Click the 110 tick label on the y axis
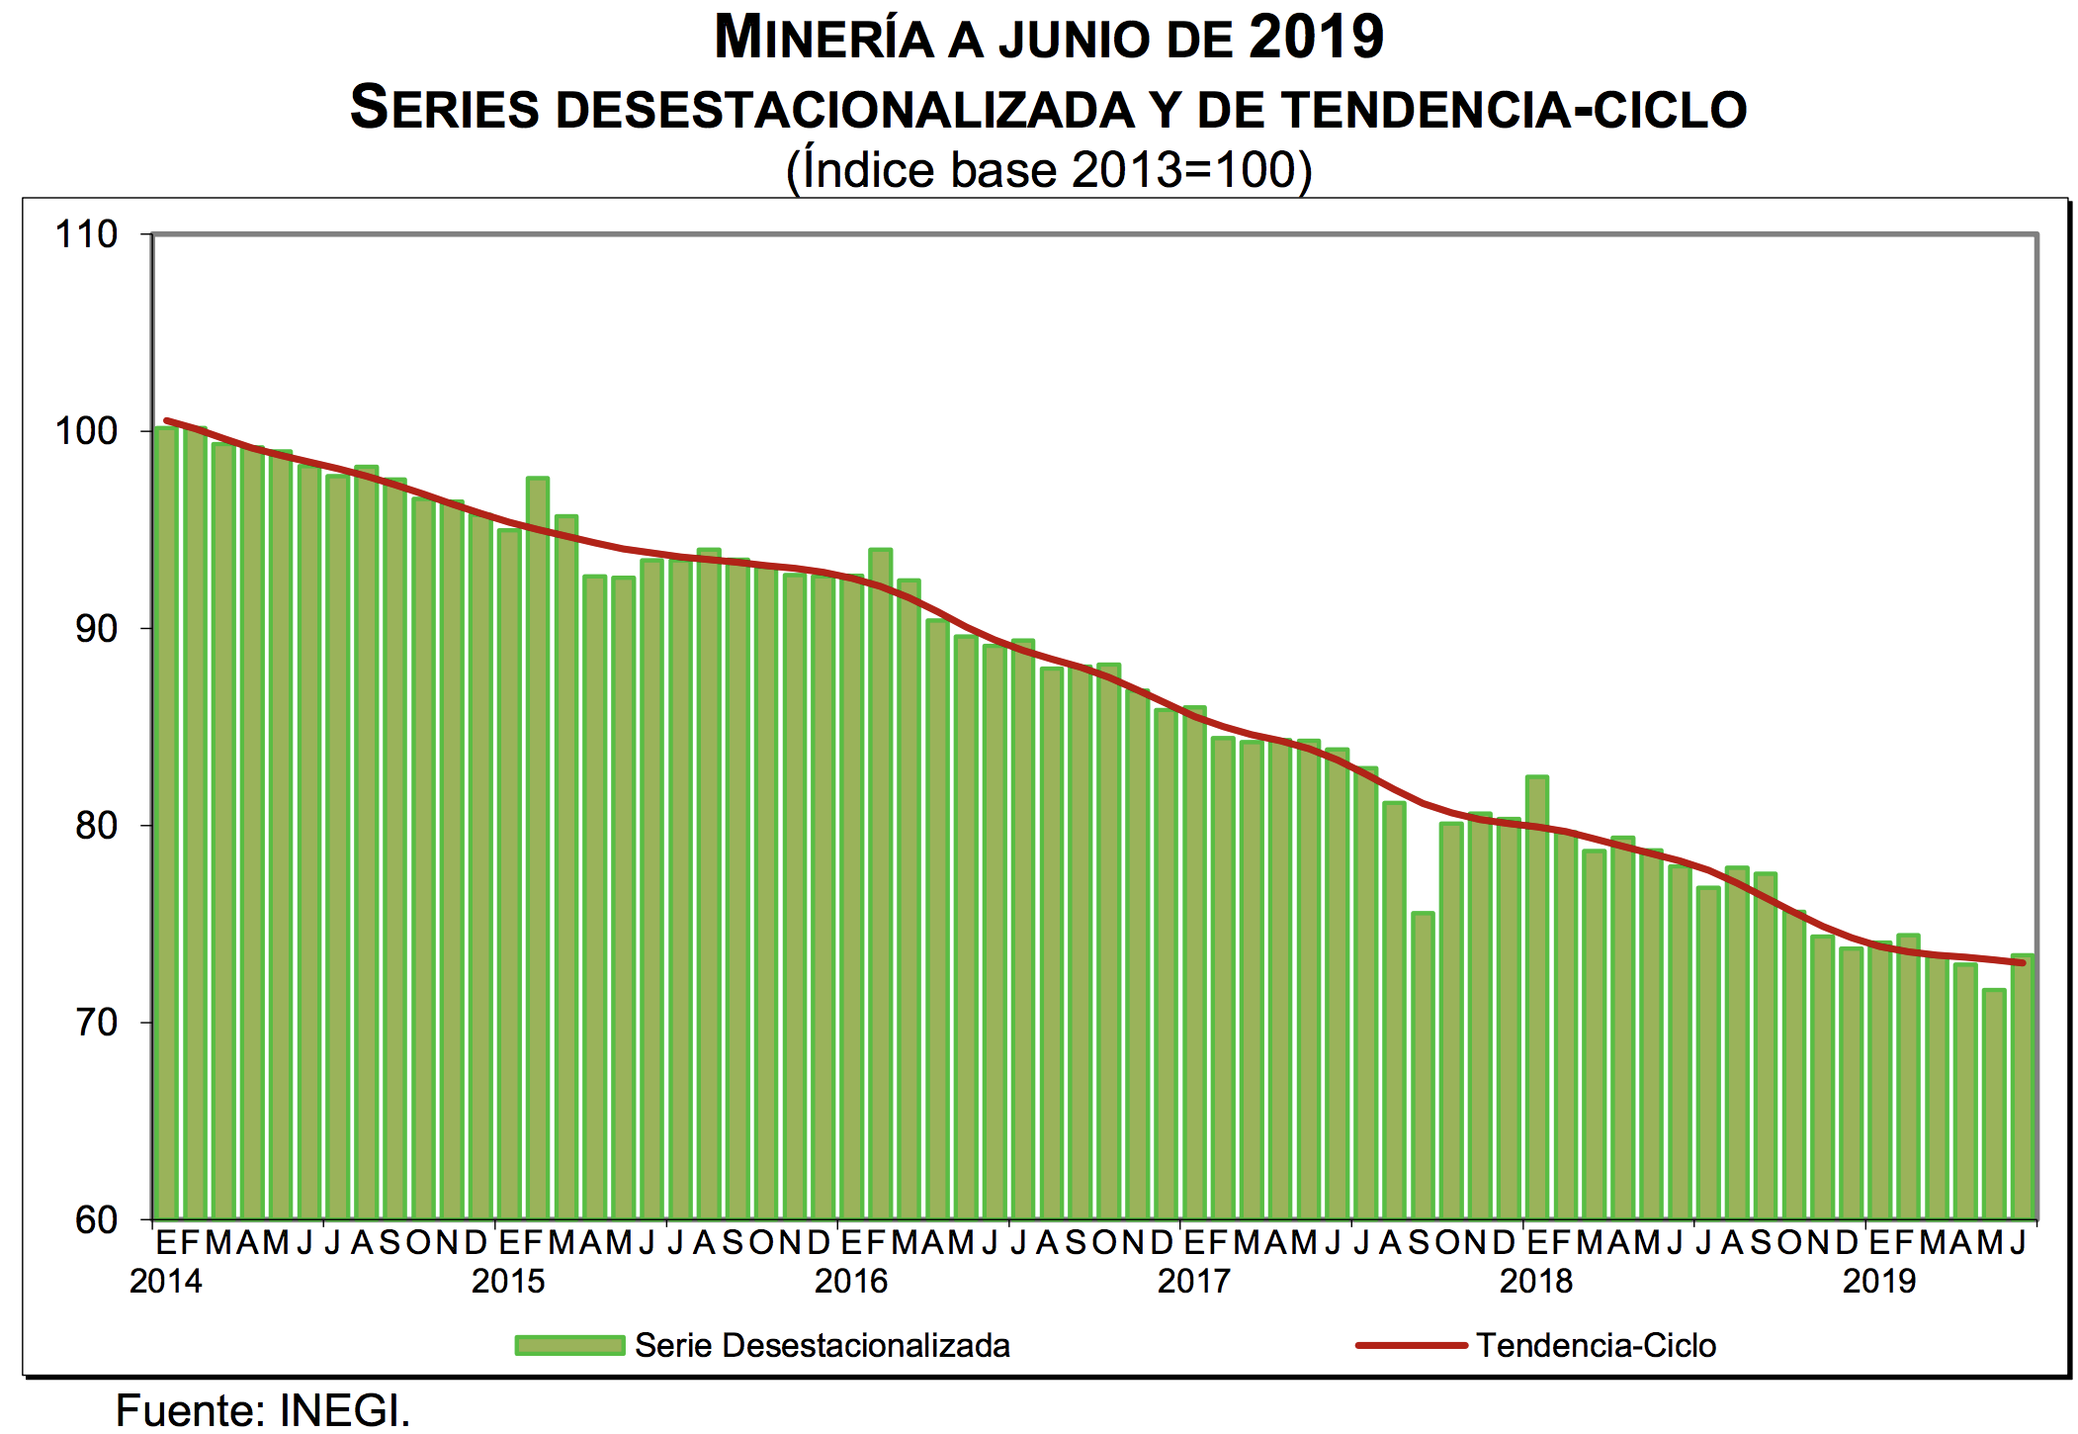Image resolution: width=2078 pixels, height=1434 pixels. click(87, 235)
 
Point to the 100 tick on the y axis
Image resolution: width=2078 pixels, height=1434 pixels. click(87, 431)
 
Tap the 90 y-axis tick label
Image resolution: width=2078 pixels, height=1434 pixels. click(96, 629)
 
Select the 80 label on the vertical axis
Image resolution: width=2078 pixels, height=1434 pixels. click(96, 826)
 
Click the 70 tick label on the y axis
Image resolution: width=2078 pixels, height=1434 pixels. click(96, 1023)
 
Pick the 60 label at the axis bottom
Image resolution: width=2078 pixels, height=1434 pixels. click(96, 1220)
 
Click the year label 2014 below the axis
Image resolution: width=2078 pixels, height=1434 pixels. click(165, 1282)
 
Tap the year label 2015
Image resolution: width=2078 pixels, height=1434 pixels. click(508, 1282)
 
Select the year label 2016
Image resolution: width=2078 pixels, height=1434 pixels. click(851, 1282)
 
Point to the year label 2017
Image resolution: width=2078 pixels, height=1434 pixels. click(1194, 1282)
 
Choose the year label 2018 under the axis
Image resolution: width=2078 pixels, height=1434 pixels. click(1536, 1282)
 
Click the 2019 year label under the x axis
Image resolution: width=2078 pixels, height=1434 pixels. click(1879, 1282)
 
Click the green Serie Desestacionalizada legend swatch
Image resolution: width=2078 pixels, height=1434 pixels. click(569, 1345)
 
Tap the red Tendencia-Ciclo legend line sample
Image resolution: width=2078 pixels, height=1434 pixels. click(1411, 1345)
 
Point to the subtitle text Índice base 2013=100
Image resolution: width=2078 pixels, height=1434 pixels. click(1049, 170)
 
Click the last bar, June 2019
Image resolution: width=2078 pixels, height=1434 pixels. click(2023, 1088)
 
